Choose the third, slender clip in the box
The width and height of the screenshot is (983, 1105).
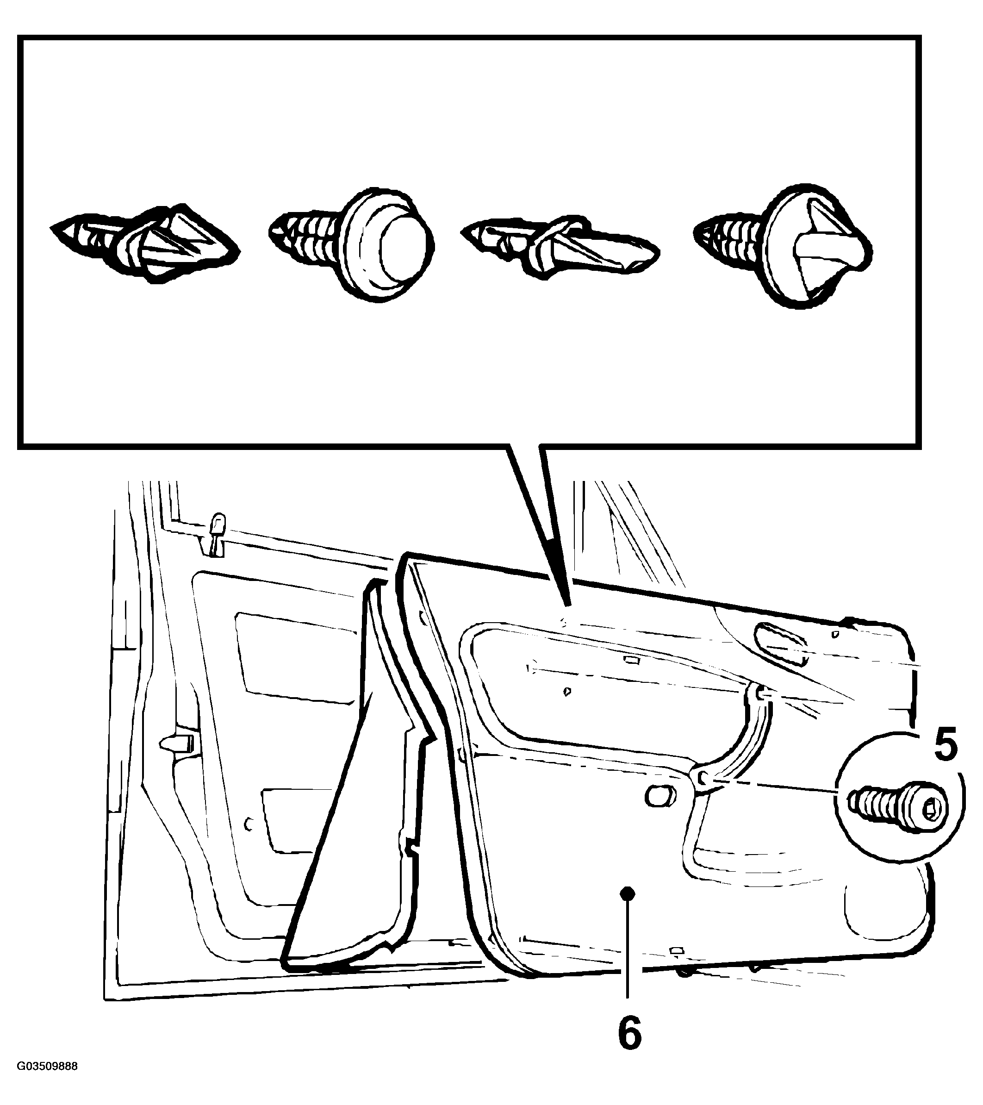coord(560,248)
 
